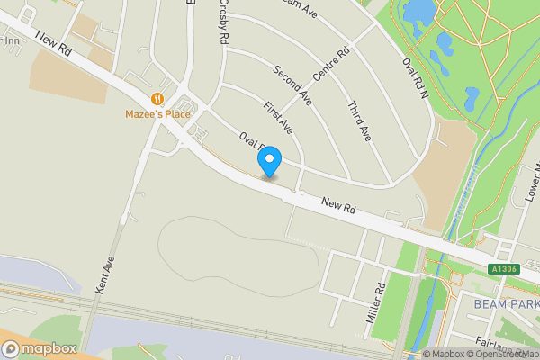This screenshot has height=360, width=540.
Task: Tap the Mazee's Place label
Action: (157, 114)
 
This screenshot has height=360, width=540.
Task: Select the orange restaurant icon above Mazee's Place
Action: (157, 99)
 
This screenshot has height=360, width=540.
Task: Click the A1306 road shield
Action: (505, 269)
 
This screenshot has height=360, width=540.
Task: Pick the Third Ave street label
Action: (358, 120)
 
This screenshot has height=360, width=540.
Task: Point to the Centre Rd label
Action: (330, 62)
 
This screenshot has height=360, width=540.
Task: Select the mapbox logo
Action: (40, 348)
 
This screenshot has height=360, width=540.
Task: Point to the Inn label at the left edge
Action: (11, 40)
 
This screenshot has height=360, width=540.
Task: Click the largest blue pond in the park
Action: (419, 11)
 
